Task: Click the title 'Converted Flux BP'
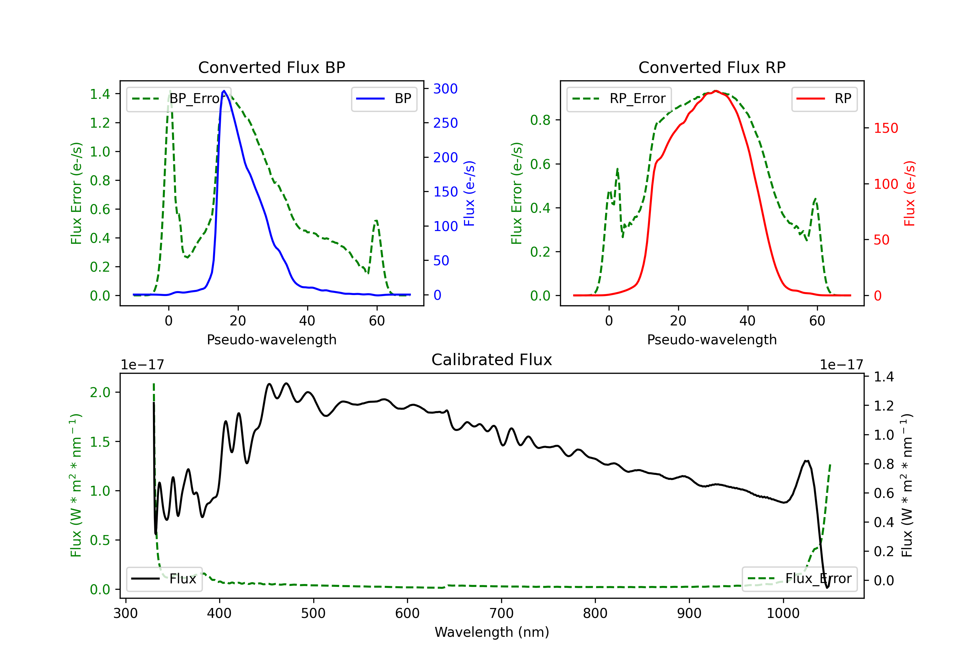[272, 67]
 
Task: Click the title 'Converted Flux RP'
[712, 67]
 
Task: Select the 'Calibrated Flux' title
[492, 360]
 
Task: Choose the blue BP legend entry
[384, 99]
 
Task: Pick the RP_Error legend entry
[619, 99]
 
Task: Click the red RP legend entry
[824, 99]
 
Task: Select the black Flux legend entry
[164, 579]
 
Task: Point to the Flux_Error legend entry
[799, 579]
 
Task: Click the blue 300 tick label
[445, 89]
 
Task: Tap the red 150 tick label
[886, 128]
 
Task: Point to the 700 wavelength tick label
[501, 613]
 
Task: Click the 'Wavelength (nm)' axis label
[492, 632]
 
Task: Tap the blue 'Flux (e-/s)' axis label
[469, 194]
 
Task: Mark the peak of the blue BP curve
[224, 91]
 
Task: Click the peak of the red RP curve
[716, 91]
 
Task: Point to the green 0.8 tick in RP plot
[540, 120]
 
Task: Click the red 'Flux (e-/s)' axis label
[910, 194]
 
